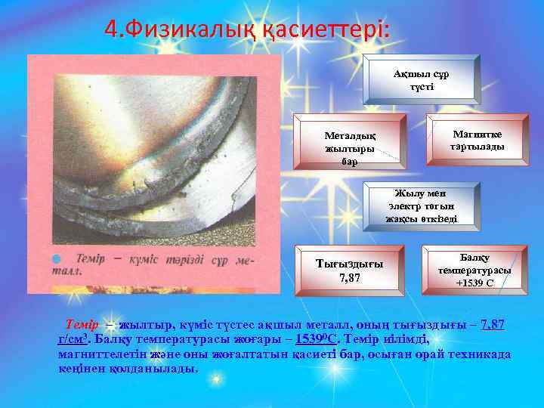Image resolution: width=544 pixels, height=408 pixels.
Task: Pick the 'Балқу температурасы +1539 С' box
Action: [x=474, y=270]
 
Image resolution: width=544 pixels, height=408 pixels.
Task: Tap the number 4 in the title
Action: [x=111, y=29]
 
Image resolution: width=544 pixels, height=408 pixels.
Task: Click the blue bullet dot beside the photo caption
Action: [x=55, y=260]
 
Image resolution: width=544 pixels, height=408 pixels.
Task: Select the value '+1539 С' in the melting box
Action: [x=474, y=283]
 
